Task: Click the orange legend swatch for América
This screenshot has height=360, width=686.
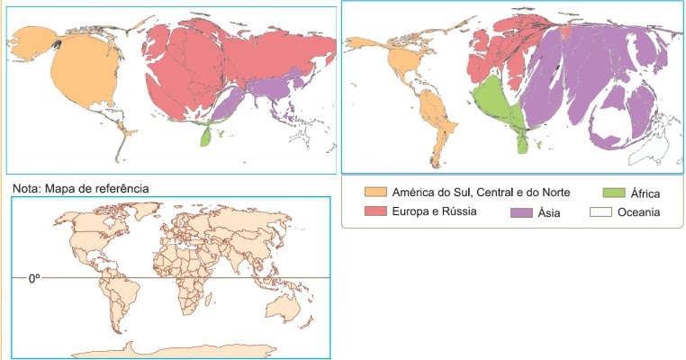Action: (374, 193)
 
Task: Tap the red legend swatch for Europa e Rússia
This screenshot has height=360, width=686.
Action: (374, 211)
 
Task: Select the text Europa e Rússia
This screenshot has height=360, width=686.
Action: (433, 211)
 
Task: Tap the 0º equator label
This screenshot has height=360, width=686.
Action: (34, 279)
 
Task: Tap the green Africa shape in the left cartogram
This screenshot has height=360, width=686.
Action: (209, 138)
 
